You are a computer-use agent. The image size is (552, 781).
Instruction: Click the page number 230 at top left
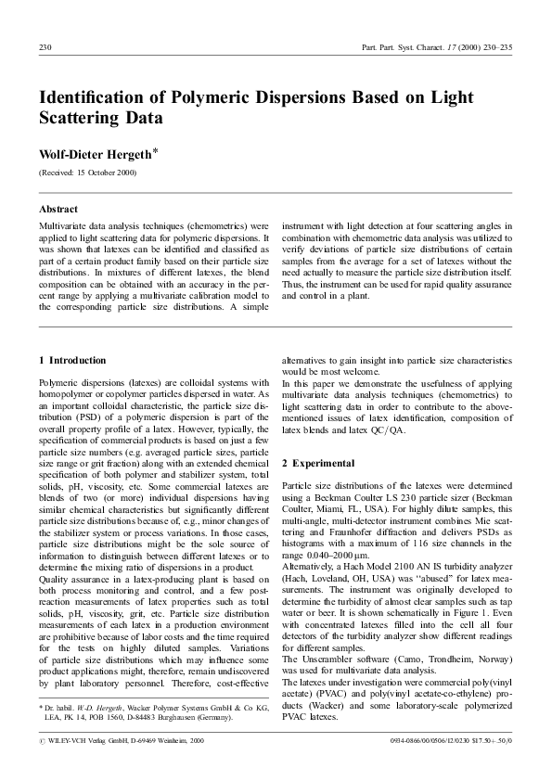coord(45,46)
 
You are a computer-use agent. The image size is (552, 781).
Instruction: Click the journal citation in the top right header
coord(435,46)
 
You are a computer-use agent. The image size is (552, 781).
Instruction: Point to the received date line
coord(87,173)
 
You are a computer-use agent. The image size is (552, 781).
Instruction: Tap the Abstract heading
coord(58,210)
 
